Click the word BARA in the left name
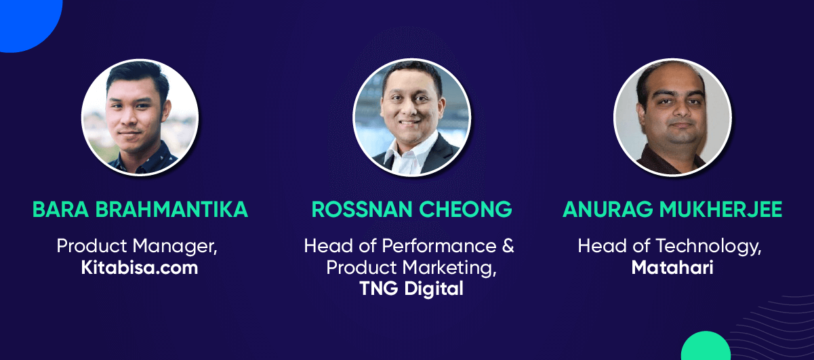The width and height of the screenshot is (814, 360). tap(60, 209)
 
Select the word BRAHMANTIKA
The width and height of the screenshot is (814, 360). tap(171, 209)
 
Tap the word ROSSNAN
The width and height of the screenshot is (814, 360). tap(362, 209)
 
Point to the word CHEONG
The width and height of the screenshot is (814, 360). tap(466, 209)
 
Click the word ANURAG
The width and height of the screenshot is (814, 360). tap(607, 209)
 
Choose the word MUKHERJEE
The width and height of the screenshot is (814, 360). tap(721, 209)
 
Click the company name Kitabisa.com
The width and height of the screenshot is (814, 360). tap(140, 268)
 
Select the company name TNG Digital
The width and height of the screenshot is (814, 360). tap(411, 289)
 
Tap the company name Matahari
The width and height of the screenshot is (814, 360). tap(672, 268)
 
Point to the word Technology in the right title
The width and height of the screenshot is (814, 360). tap(708, 247)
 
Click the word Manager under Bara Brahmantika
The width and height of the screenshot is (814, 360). tap(175, 247)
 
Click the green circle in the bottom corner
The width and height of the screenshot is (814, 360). tap(706, 347)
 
